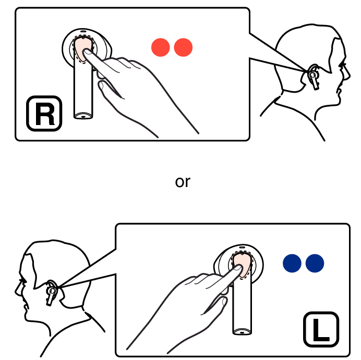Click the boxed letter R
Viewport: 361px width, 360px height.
44,114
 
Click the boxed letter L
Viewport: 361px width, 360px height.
321,329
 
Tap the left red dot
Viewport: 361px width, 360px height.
161,47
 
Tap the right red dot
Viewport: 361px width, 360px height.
183,47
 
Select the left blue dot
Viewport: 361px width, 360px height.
292,263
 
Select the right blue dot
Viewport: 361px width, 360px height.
315,263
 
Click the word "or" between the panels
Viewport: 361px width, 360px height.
183,182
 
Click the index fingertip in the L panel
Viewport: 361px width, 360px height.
238,268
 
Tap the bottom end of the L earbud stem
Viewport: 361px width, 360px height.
242,332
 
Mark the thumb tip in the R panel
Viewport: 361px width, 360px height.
101,84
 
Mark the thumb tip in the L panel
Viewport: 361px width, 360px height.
225,300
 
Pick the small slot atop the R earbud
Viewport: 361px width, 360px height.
83,31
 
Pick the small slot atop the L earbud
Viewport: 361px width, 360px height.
242,247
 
